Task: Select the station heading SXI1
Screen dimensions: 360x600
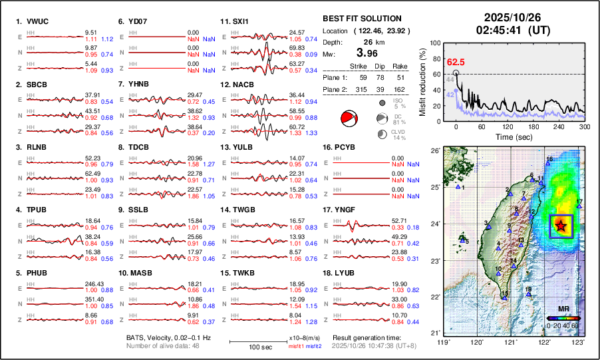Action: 238,22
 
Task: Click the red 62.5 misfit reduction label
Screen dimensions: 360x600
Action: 455,62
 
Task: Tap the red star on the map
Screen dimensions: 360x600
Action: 561,226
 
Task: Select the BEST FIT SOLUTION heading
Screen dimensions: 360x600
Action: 361,19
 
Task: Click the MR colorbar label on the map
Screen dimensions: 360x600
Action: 563,310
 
